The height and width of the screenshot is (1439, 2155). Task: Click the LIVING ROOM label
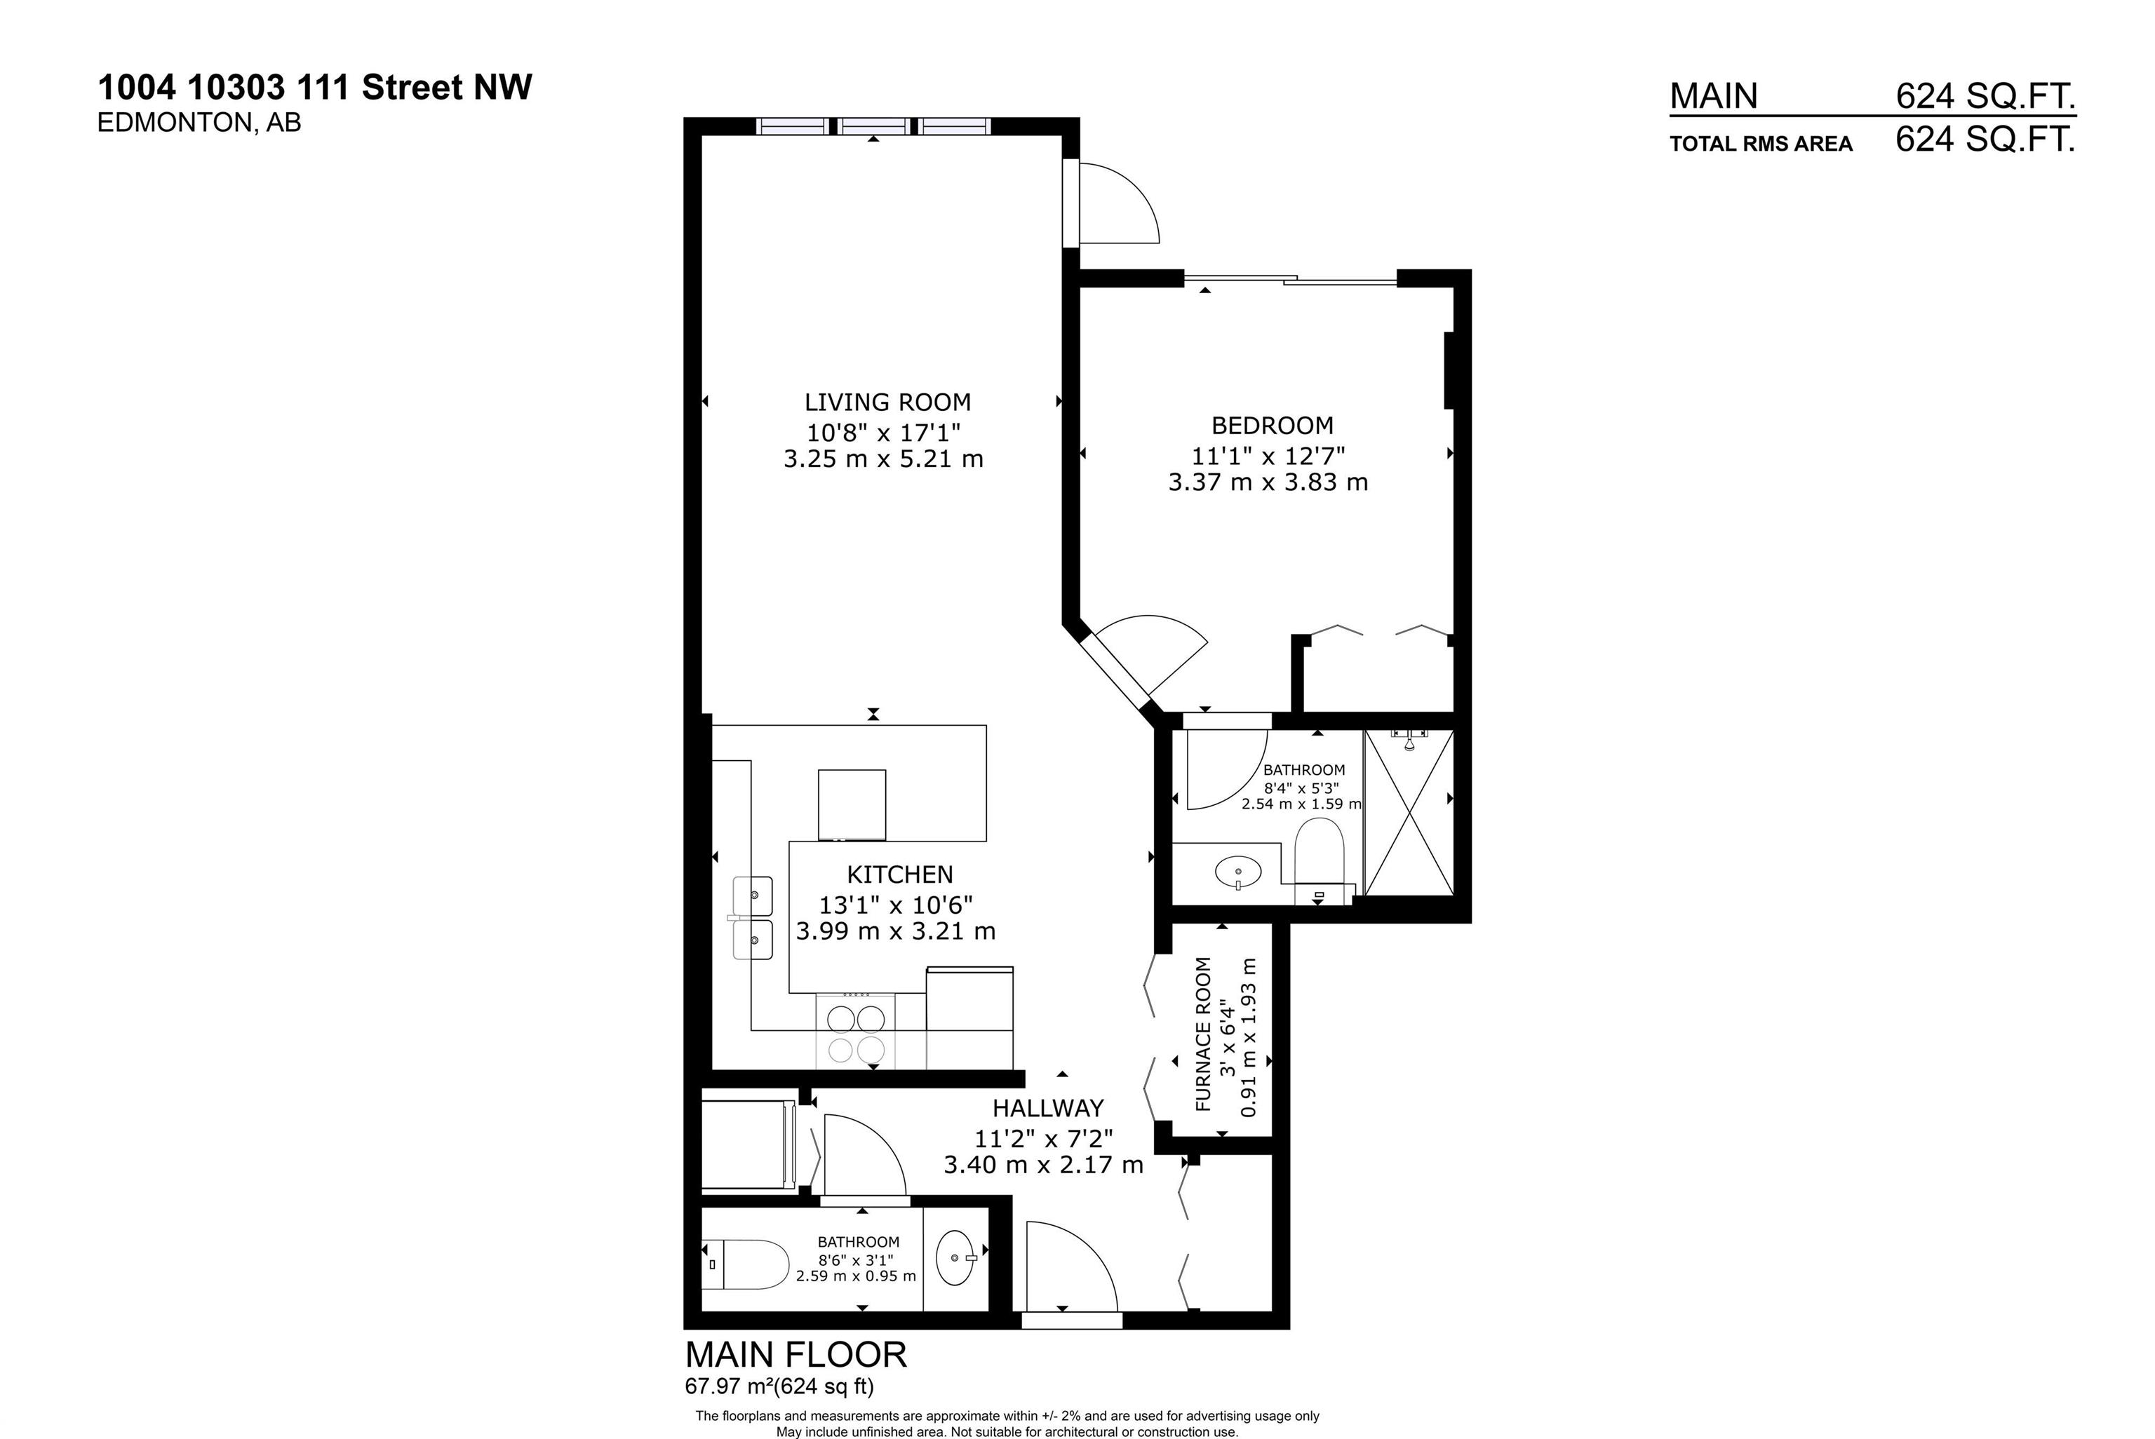point(887,402)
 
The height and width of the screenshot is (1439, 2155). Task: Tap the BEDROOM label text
point(1272,426)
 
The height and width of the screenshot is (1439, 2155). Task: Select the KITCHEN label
point(899,874)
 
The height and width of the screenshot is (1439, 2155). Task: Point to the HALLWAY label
point(1047,1109)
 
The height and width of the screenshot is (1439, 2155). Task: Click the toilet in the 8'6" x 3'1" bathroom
point(748,1264)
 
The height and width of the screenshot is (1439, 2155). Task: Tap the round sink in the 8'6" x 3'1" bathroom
point(955,1257)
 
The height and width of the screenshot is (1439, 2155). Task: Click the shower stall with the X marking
point(1409,812)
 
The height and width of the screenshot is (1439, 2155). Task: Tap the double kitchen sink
point(753,918)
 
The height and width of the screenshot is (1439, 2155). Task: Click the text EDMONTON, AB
point(199,123)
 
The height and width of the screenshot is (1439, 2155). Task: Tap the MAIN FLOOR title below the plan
point(795,1356)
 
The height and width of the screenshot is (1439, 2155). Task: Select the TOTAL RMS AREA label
point(1760,144)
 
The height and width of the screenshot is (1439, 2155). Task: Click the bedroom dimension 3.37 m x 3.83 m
point(1268,482)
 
